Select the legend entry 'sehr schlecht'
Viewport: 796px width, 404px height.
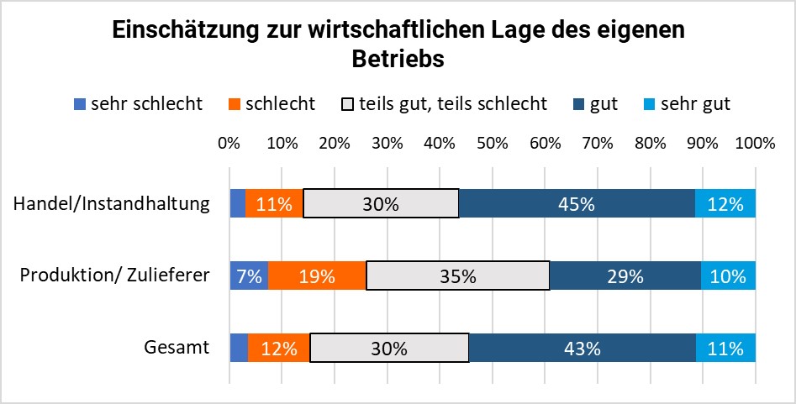(139, 104)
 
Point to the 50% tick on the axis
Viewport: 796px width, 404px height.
(492, 143)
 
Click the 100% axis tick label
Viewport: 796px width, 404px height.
(754, 143)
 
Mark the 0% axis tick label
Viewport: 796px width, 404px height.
(229, 143)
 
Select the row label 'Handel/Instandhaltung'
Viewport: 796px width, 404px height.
(111, 204)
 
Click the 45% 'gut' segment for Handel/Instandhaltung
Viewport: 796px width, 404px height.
(577, 204)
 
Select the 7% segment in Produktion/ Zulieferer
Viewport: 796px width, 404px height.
(249, 275)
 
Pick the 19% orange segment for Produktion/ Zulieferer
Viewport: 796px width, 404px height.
(317, 275)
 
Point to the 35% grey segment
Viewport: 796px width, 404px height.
(457, 275)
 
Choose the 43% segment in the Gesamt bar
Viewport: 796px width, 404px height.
(583, 348)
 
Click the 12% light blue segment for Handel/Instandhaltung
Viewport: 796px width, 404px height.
(725, 204)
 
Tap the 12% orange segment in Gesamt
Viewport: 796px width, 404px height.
(278, 348)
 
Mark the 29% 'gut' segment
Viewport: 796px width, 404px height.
(625, 275)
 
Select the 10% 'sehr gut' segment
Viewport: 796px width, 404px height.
(728, 275)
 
